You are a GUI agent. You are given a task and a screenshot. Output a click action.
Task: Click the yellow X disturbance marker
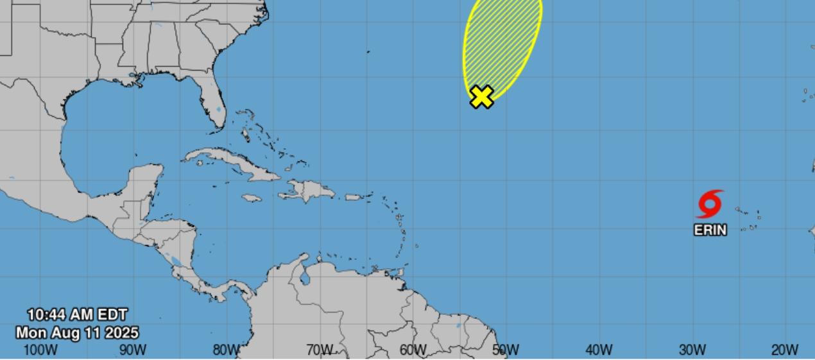tap(481, 97)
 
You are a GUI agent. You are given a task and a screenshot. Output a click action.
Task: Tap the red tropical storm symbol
tap(710, 204)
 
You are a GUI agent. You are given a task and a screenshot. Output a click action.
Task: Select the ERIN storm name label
tap(710, 230)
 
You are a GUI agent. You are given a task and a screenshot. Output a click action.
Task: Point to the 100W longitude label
tap(40, 350)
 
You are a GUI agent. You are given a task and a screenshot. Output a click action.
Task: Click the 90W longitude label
tap(133, 350)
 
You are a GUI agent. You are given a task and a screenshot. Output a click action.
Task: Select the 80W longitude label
tap(226, 350)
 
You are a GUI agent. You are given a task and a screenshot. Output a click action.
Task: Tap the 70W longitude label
tap(319, 350)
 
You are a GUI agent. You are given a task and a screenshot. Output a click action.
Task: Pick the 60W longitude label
tap(413, 350)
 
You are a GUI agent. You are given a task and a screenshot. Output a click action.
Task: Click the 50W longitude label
tap(506, 350)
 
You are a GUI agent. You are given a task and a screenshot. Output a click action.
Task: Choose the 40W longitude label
tap(599, 350)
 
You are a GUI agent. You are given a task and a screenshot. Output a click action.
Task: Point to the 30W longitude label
tap(692, 350)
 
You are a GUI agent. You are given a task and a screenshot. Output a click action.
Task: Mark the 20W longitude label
tap(784, 350)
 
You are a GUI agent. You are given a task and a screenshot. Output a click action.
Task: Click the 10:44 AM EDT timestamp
tap(77, 315)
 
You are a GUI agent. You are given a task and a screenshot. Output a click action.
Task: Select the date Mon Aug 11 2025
tap(77, 333)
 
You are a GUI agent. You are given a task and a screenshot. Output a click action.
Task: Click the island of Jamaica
tap(252, 198)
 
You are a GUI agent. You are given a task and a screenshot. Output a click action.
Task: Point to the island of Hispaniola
tap(313, 190)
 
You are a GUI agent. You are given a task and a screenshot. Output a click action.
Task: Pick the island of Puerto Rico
tap(354, 197)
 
